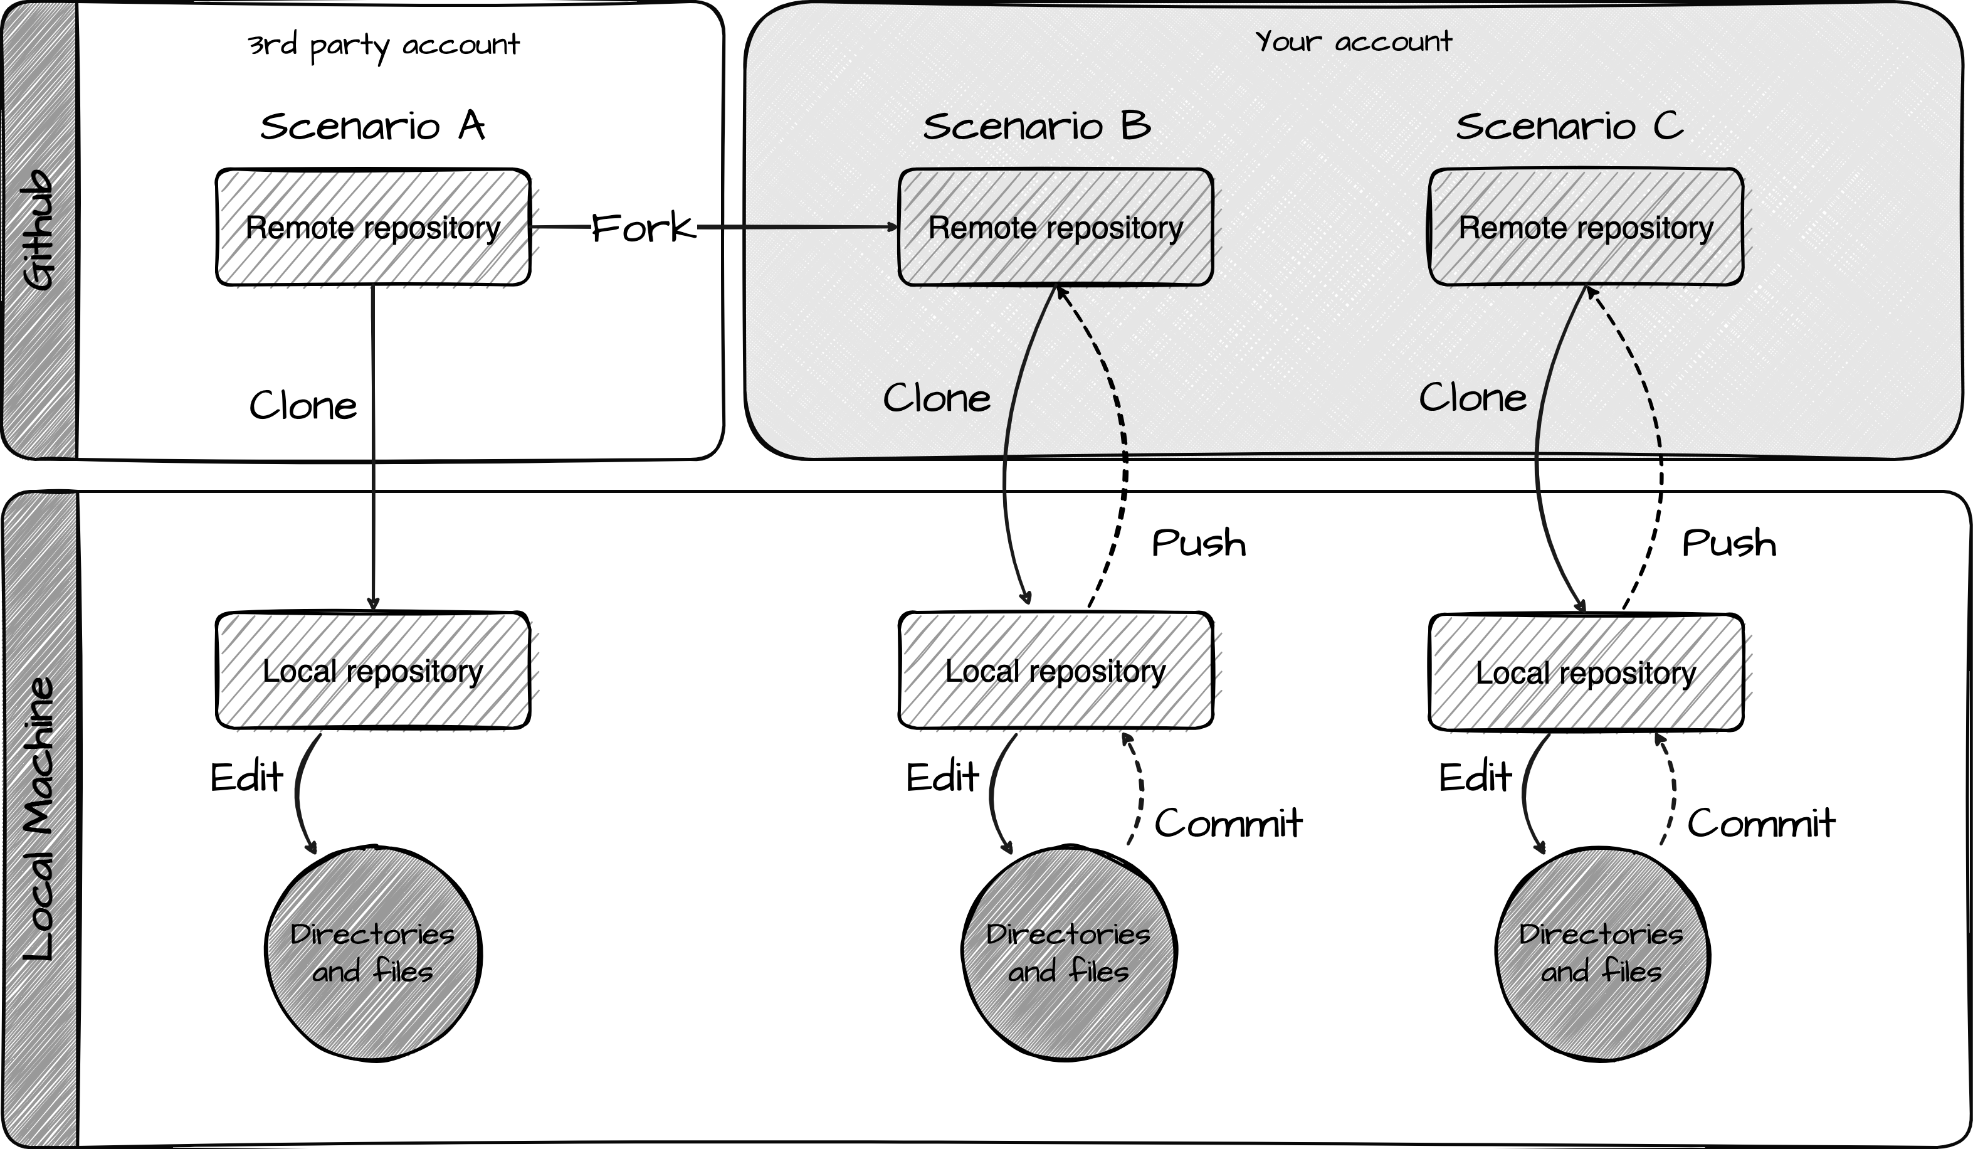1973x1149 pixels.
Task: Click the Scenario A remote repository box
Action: pos(372,227)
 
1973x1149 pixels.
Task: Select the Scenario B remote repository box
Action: pos(1055,227)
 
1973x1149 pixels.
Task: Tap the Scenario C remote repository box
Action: pos(1586,227)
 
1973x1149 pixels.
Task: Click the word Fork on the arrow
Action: pos(642,228)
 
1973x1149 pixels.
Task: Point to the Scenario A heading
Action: pos(372,126)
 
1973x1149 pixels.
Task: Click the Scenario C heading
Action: pos(1569,126)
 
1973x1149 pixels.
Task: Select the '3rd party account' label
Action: pos(383,45)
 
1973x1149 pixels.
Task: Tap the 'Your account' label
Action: pos(1353,41)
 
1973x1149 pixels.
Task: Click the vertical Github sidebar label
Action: pos(39,230)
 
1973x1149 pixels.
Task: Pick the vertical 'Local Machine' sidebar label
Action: pos(39,819)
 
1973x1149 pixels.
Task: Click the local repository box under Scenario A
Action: pos(372,671)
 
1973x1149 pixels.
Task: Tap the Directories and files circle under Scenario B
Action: pos(1069,953)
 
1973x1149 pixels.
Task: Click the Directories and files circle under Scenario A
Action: pos(372,953)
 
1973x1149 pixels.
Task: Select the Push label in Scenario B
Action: pos(1199,543)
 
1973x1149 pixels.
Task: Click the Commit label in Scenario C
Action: pos(1760,823)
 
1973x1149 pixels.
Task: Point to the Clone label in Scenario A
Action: pos(303,406)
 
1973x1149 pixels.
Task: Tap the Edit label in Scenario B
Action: pos(942,778)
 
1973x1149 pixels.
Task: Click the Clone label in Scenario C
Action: pos(1473,398)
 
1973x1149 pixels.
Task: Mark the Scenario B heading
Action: pos(1036,126)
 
